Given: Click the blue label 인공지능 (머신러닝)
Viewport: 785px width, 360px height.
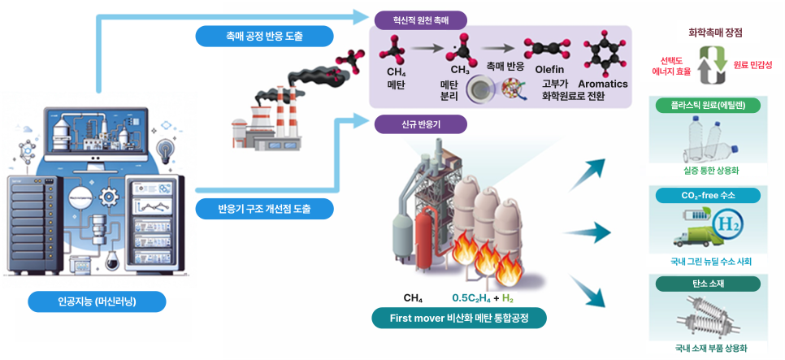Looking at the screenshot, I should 97,302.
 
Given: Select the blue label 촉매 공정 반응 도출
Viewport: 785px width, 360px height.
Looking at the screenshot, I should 264,36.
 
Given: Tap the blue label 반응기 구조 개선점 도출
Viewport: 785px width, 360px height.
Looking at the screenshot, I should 265,209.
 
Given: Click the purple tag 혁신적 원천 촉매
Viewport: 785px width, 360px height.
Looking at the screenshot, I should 421,19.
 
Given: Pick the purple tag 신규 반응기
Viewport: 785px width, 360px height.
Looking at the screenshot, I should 421,124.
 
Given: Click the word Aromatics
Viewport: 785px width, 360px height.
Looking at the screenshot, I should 603,84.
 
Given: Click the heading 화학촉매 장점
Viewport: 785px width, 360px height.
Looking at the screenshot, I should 715,33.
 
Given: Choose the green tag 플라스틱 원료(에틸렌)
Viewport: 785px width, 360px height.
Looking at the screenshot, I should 715,105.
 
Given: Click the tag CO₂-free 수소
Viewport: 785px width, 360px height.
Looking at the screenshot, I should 715,195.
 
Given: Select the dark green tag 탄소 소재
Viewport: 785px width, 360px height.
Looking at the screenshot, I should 715,284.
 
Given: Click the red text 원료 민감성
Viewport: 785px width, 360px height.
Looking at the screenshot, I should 752,64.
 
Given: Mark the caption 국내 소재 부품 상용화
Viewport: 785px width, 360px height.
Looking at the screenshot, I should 715,349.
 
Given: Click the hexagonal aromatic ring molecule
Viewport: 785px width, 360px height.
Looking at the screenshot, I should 603,52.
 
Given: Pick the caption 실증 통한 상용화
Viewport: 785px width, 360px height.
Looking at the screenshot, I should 715,171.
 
